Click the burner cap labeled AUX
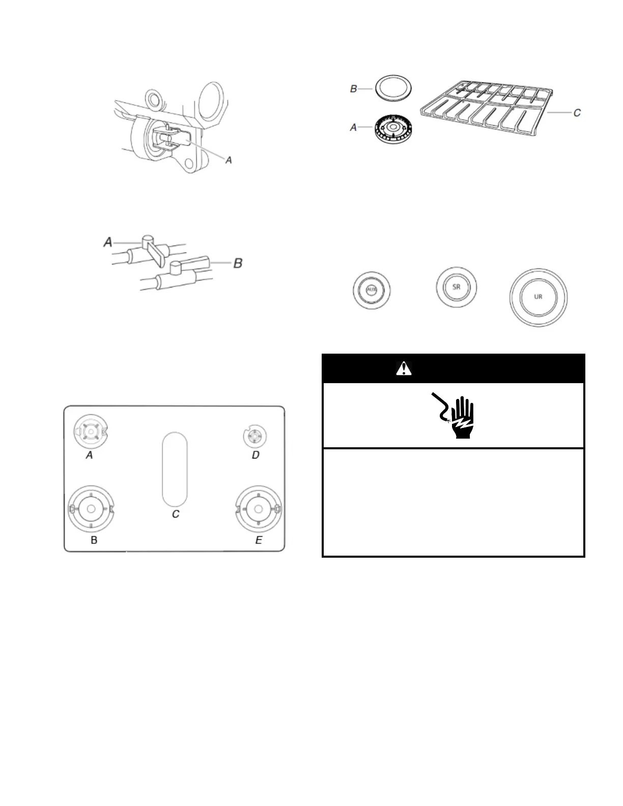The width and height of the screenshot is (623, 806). point(373,290)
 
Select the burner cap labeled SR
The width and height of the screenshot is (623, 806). point(457,286)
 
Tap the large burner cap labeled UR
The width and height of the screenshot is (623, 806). point(538,297)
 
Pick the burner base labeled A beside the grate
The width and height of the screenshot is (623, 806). point(393,128)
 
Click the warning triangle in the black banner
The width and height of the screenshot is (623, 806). point(404,368)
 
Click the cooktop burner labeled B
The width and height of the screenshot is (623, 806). point(91,509)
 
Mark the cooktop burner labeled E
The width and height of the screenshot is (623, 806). point(258,509)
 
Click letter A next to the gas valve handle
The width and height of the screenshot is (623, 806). point(108,242)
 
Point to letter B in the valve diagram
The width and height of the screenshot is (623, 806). point(238,263)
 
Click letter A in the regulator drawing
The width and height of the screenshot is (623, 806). point(229,160)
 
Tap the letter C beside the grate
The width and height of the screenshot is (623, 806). point(577,113)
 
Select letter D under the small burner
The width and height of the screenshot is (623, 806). point(256,455)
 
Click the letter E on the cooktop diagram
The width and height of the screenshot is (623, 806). point(259,540)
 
